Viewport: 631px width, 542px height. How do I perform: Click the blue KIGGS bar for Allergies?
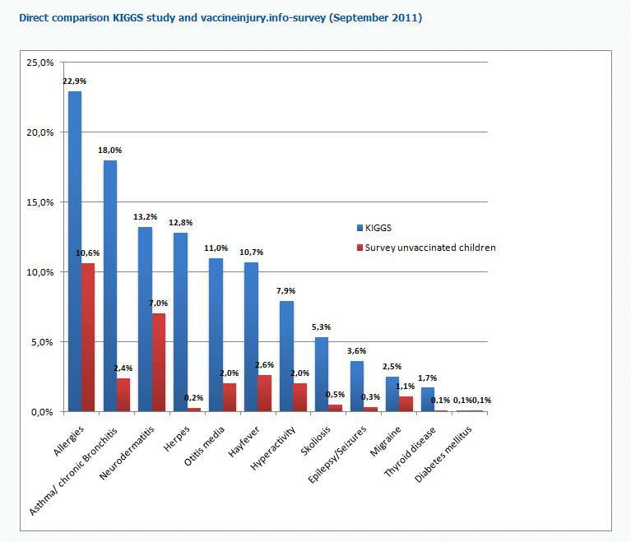coord(75,251)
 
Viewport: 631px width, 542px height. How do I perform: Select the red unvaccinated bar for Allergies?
coord(89,337)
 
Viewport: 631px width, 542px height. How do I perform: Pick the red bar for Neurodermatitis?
coord(159,362)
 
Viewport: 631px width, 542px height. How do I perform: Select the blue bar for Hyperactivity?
coord(286,356)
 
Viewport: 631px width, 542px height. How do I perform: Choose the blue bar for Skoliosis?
coord(322,374)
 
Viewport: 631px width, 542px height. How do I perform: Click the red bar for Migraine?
coord(406,404)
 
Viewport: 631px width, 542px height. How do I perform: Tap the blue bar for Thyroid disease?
coord(427,400)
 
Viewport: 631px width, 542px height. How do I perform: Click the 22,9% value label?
coord(75,81)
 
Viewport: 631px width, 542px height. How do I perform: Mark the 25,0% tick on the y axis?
coord(41,63)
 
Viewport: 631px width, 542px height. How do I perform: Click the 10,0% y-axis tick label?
coord(41,272)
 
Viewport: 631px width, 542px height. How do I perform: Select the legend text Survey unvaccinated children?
coord(431,247)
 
